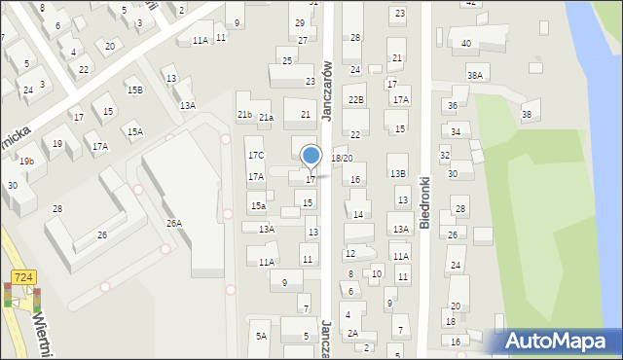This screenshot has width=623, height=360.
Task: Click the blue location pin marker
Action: [311, 155]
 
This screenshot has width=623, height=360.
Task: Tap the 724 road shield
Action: [25, 277]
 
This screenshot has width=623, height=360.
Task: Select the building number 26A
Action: [173, 224]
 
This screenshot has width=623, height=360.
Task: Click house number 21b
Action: [244, 115]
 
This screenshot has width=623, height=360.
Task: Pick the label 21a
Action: [266, 118]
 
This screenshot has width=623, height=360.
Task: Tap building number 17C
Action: [255, 156]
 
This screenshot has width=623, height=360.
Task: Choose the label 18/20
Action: [342, 158]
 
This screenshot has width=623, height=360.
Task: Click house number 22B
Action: [356, 99]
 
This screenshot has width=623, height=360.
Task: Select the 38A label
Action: [475, 75]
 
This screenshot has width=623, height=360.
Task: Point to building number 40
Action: [466, 44]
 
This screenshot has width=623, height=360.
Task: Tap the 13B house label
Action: [398, 174]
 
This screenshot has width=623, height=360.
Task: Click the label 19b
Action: [26, 162]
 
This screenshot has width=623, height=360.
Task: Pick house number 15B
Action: [134, 90]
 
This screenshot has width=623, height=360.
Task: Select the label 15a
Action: [258, 206]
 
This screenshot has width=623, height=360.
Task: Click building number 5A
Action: [261, 337]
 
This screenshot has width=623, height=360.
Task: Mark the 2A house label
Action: [353, 334]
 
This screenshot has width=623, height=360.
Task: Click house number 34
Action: [455, 132]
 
